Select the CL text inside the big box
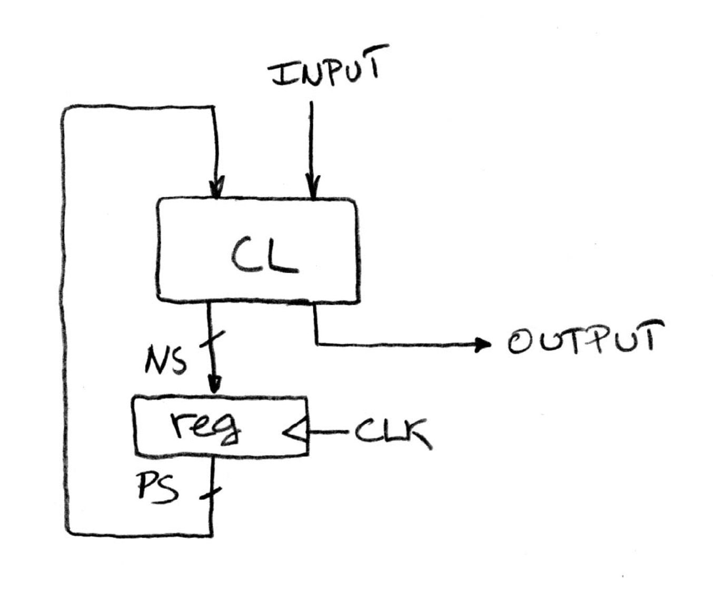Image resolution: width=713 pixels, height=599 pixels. pos(263,254)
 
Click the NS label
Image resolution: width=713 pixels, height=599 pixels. pos(166,361)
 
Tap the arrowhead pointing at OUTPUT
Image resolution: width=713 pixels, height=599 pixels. pos(482,344)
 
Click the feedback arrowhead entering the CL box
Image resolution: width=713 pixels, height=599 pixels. pos(216,188)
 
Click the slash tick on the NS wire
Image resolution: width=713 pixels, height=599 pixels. pos(213,340)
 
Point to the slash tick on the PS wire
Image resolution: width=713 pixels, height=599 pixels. pos(211,494)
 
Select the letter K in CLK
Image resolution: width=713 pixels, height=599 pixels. pos(416,434)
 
